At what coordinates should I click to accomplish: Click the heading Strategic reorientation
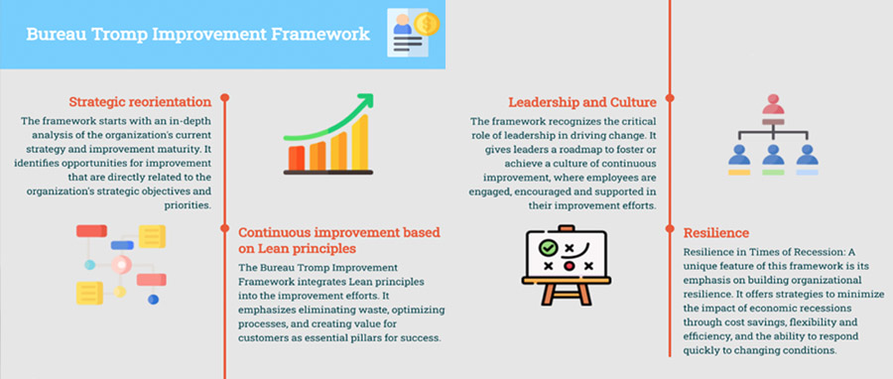click(140, 102)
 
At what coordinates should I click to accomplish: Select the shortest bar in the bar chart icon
click(295, 159)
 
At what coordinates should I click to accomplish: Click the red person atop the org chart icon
click(773, 106)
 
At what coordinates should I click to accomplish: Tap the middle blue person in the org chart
click(773, 155)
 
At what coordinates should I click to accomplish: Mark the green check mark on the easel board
click(546, 247)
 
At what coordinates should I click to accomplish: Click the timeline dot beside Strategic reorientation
click(225, 98)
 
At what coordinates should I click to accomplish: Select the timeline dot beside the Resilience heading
click(670, 229)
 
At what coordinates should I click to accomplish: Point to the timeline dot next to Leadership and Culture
click(670, 98)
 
